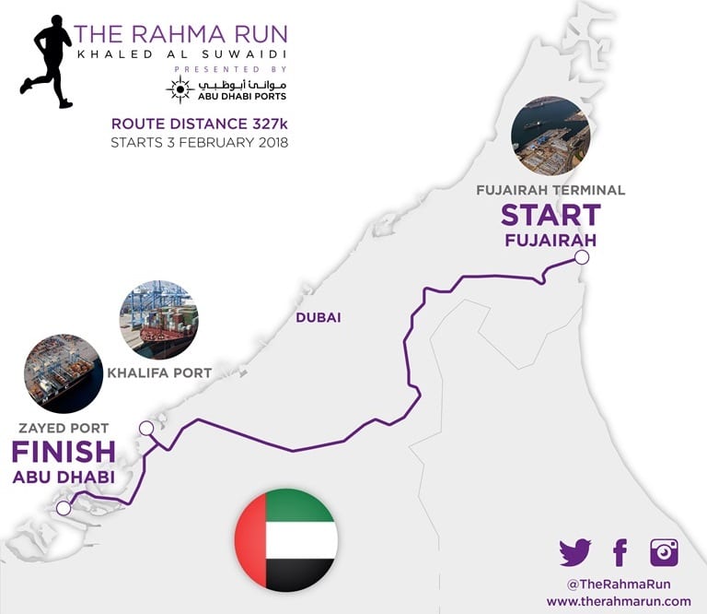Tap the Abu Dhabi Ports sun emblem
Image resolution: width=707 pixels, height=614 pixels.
pos(178,89)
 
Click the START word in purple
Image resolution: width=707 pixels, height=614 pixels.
pos(551,215)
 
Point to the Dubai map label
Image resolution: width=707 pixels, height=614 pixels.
pos(319,318)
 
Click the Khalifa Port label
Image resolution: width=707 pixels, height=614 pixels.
pos(159,373)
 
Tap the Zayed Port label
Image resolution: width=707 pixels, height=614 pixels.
pos(64,428)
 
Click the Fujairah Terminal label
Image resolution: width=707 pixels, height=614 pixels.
pos(551,190)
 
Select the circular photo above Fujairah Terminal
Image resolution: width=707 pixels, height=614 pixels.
pos(551,136)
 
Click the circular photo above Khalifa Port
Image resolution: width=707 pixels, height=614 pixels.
pos(158,319)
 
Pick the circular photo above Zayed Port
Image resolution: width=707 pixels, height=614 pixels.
pos(64,373)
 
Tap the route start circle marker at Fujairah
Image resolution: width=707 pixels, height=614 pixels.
pos(581,259)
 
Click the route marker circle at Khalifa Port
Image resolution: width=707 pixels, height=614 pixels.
pos(145,428)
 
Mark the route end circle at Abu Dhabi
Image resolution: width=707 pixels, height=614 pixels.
pos(64,508)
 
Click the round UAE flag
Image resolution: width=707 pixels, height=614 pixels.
pos(285,540)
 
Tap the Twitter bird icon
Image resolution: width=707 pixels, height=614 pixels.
pos(575,552)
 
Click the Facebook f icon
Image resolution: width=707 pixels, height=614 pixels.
pos(620,552)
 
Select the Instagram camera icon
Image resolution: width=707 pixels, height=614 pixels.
pos(664,551)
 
